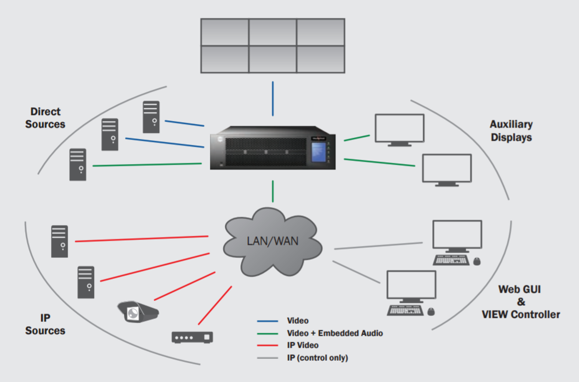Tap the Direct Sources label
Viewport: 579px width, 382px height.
click(45, 118)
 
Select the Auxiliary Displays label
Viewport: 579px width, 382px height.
click(511, 131)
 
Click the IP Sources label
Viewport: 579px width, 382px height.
click(45, 324)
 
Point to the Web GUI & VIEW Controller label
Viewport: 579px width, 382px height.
click(521, 302)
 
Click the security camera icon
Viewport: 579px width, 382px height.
click(138, 311)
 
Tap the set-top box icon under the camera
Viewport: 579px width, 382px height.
click(192, 337)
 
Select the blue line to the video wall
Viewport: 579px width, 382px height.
click(273, 99)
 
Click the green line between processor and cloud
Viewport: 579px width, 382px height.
click(273, 191)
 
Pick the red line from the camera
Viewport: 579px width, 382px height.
click(184, 286)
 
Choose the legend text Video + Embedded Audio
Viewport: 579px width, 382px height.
click(334, 333)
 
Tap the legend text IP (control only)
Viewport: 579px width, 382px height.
click(317, 358)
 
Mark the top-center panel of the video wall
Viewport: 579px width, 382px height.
click(273, 32)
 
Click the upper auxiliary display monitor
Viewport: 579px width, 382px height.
click(400, 128)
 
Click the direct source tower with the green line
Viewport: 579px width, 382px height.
click(78, 165)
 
